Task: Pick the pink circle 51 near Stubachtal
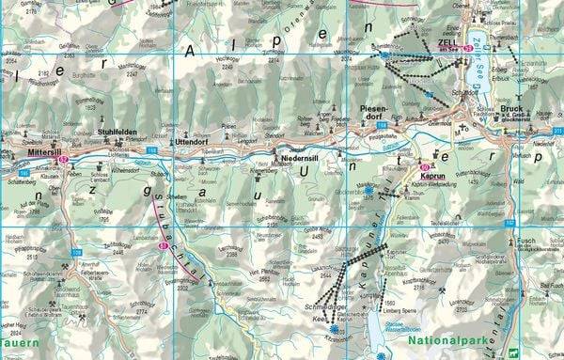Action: tap(163, 246)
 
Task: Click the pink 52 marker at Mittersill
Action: tap(64, 159)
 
